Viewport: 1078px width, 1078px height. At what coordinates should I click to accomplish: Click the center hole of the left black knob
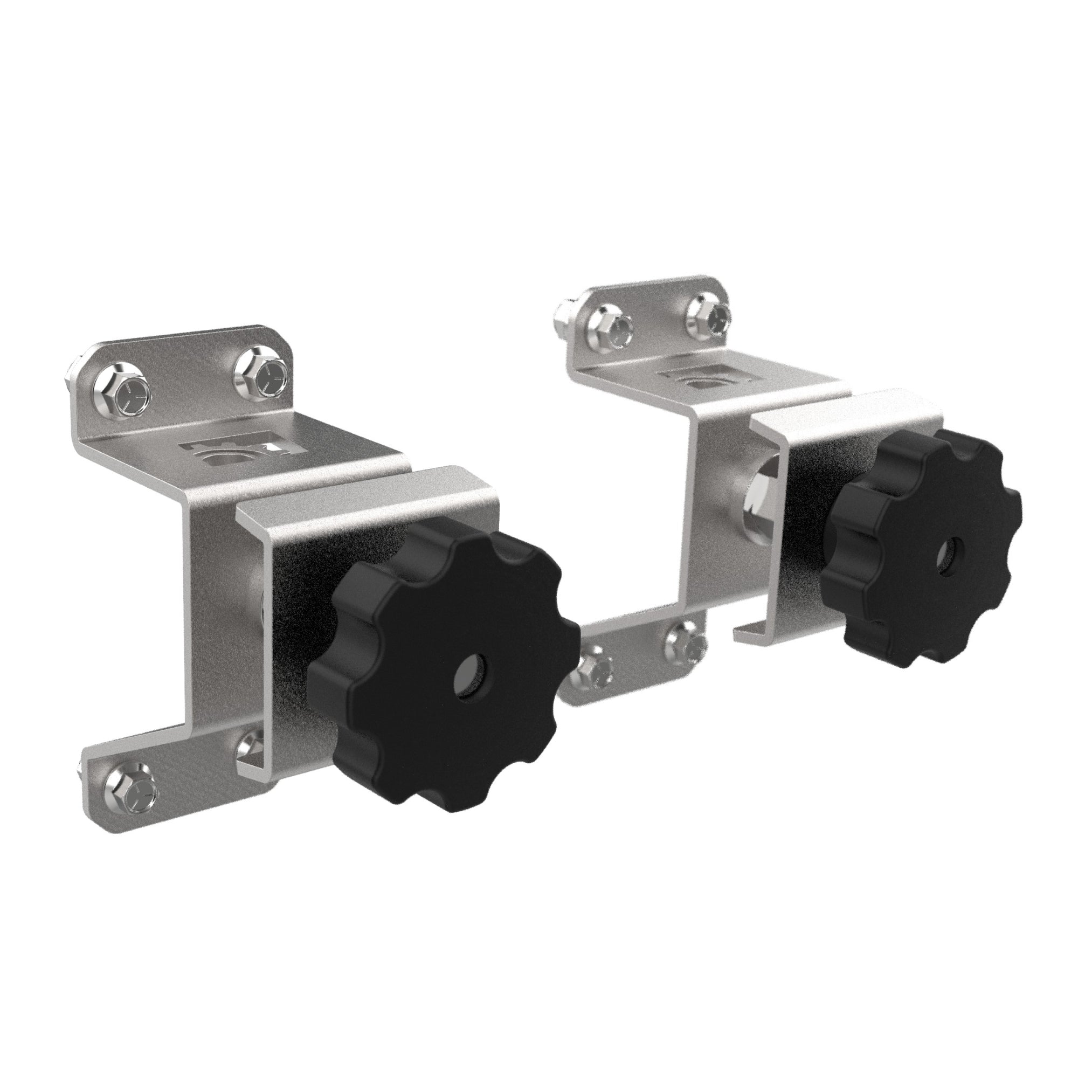click(x=471, y=680)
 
